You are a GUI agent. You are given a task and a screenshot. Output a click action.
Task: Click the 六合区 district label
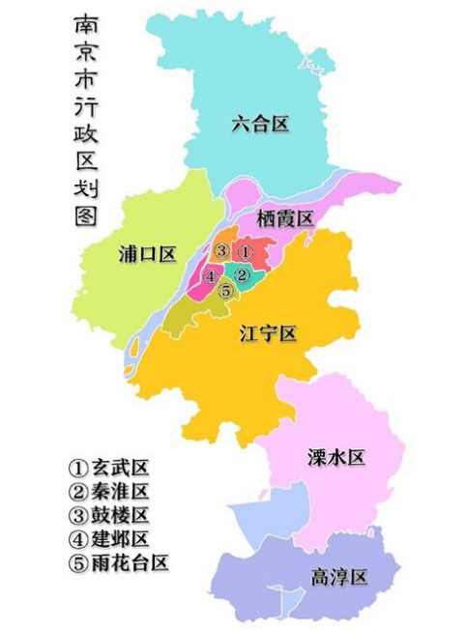click(x=261, y=124)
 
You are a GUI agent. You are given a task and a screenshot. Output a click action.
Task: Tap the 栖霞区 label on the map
click(x=285, y=219)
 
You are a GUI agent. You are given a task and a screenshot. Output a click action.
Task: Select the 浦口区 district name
click(x=147, y=254)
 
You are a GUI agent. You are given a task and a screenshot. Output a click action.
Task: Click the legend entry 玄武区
click(x=109, y=469)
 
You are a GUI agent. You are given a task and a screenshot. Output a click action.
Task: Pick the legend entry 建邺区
click(x=109, y=538)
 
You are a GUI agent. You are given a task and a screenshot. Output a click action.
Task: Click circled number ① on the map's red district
click(x=246, y=251)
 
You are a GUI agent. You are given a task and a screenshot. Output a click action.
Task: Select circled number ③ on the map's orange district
click(x=221, y=251)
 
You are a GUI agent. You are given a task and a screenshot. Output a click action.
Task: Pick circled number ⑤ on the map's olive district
click(x=225, y=290)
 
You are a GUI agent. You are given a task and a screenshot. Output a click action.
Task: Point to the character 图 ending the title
click(x=84, y=214)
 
